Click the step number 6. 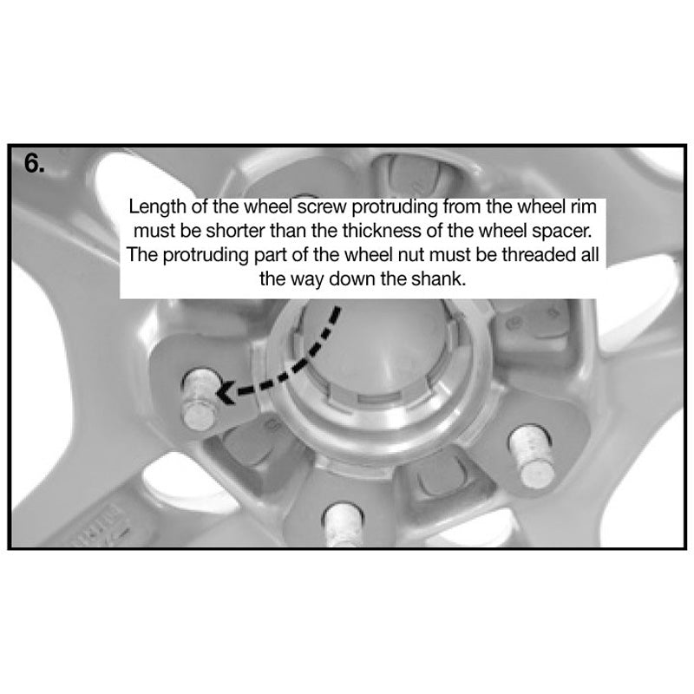pos(35,164)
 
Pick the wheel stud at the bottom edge pos(344,525)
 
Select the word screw pos(322,207)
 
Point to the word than pos(289,231)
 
